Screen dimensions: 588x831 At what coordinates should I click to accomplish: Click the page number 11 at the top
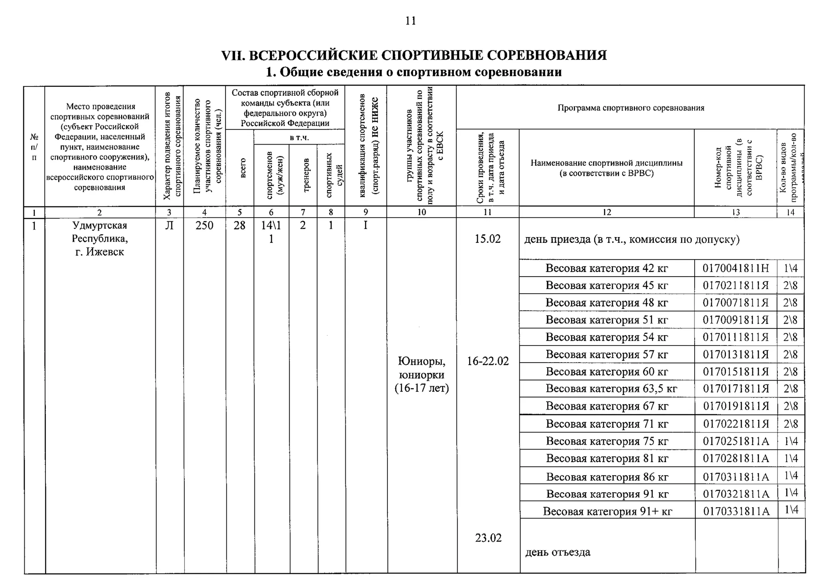pyautogui.click(x=411, y=21)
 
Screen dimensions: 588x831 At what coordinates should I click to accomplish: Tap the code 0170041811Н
pyautogui.click(x=736, y=268)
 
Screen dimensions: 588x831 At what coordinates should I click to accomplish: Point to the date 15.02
pyautogui.click(x=488, y=239)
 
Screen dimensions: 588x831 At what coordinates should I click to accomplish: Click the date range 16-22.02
pyautogui.click(x=488, y=361)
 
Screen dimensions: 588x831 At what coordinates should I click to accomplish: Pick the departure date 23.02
pyautogui.click(x=489, y=538)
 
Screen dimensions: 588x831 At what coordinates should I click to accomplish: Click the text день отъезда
pyautogui.click(x=558, y=552)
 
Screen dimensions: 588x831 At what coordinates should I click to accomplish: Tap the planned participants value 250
pyautogui.click(x=204, y=225)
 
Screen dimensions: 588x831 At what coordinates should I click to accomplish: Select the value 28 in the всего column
pyautogui.click(x=239, y=225)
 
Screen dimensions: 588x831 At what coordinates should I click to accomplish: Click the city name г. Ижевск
pyautogui.click(x=100, y=252)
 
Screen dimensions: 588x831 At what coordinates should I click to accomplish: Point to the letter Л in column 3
pyautogui.click(x=169, y=225)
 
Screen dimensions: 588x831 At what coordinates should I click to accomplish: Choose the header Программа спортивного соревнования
pyautogui.click(x=631, y=108)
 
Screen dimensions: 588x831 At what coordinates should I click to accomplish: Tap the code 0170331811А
pyautogui.click(x=736, y=511)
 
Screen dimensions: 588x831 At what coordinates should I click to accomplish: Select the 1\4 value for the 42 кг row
pyautogui.click(x=790, y=268)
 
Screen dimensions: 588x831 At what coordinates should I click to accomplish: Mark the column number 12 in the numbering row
pyautogui.click(x=607, y=212)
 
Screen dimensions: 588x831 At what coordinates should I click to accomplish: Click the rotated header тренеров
pyautogui.click(x=307, y=175)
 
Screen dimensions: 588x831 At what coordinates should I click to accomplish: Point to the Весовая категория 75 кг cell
pyautogui.click(x=607, y=441)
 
